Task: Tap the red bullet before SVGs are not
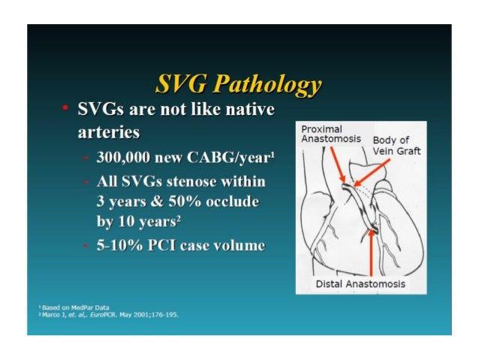65,111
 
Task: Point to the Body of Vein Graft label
396,146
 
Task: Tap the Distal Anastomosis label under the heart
360,283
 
